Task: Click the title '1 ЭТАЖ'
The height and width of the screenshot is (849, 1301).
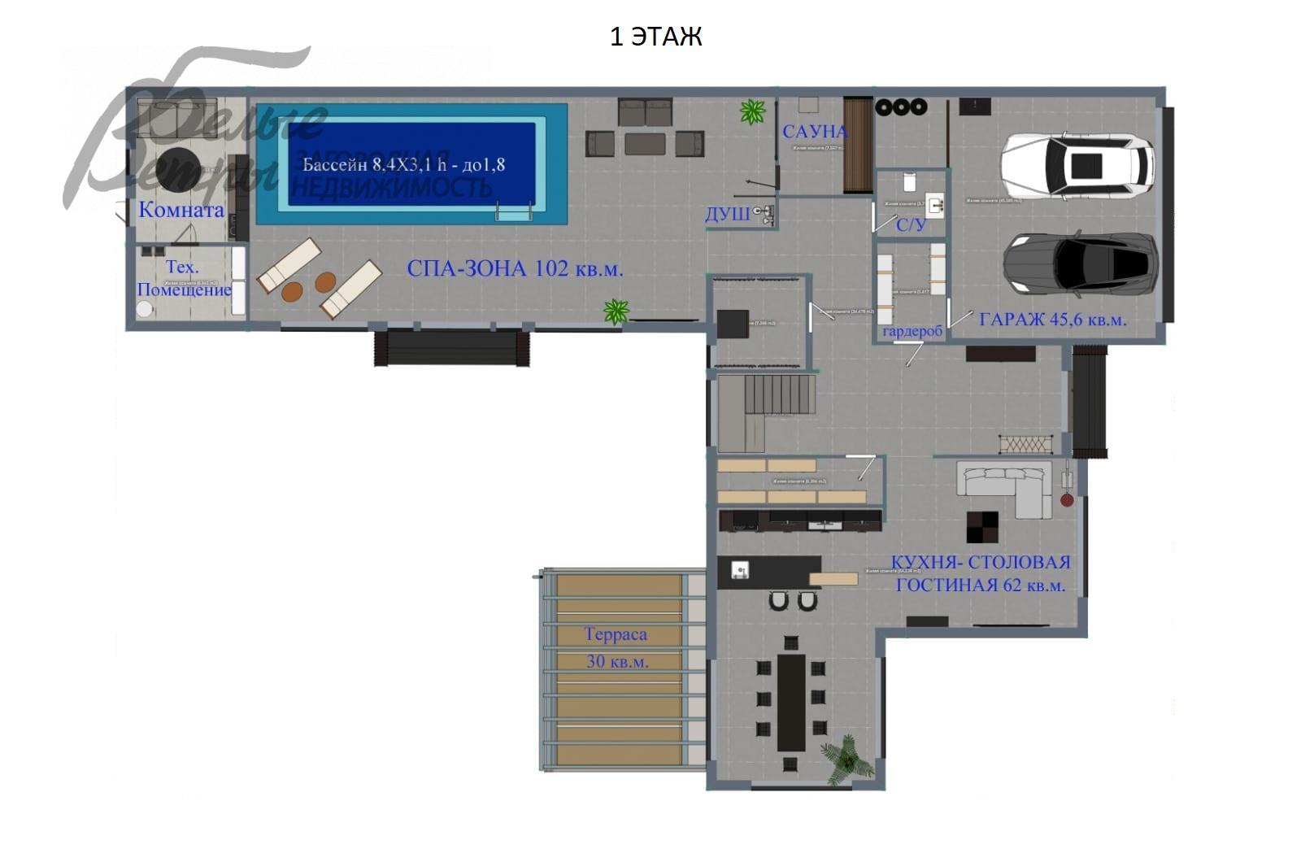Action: (x=655, y=37)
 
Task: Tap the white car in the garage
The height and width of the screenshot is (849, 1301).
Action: (x=1077, y=166)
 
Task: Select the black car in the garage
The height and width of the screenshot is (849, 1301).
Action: (x=1080, y=263)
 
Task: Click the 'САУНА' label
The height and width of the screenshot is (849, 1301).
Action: (x=814, y=132)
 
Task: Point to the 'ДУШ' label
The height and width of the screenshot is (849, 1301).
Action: (x=727, y=215)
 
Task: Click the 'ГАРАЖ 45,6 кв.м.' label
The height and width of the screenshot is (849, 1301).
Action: (x=1052, y=320)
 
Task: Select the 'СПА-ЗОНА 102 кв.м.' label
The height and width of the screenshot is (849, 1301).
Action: (x=515, y=268)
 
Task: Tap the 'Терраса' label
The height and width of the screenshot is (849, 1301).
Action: (x=616, y=634)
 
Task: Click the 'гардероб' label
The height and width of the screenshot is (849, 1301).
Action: (x=912, y=331)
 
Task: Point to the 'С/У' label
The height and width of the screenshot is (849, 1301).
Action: (x=911, y=224)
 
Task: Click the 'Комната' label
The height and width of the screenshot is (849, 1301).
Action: (x=181, y=210)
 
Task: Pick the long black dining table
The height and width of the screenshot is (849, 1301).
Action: (x=790, y=702)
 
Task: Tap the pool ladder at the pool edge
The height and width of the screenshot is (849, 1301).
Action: (x=513, y=213)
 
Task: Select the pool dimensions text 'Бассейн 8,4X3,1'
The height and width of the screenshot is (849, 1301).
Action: (x=403, y=165)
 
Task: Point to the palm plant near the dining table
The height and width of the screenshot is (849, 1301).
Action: (x=846, y=760)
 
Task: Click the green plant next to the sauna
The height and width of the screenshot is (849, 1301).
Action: (x=753, y=111)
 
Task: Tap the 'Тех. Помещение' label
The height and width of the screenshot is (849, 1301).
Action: (x=184, y=278)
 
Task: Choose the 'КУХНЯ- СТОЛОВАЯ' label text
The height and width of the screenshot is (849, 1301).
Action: (x=980, y=562)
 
